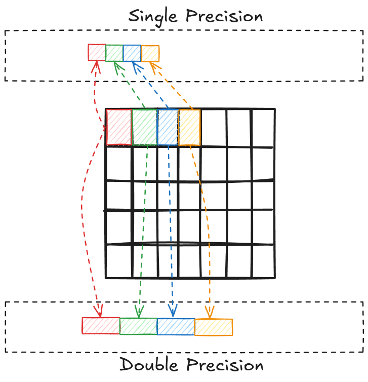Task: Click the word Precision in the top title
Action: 224,16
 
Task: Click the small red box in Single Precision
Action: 97,52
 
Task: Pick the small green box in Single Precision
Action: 114,53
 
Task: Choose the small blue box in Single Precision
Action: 132,53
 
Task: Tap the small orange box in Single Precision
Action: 150,54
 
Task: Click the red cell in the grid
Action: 118,127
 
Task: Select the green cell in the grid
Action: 144,127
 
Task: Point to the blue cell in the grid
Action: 168,127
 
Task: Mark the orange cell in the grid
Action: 190,127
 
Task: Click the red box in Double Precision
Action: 101,326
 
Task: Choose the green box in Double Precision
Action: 138,326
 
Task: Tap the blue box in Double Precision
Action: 176,326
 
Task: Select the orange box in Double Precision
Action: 214,327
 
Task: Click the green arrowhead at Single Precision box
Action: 117,65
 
